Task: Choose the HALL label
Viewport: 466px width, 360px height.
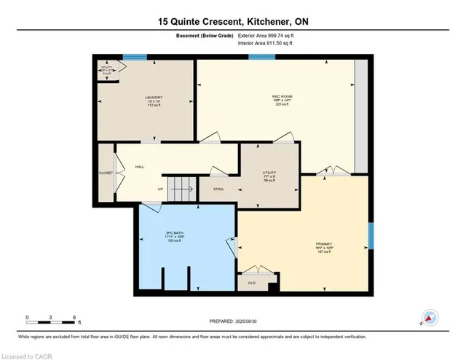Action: [140, 167]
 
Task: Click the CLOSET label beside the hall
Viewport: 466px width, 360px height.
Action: [106, 173]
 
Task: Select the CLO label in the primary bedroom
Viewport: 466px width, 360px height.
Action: [251, 283]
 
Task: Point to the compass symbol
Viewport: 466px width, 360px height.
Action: [430, 318]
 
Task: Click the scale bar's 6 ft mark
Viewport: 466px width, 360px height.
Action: [74, 318]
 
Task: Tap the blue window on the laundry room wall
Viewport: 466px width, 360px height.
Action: [134, 58]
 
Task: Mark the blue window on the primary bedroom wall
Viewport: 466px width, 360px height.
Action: [371, 235]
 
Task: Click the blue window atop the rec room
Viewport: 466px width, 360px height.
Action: [261, 58]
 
